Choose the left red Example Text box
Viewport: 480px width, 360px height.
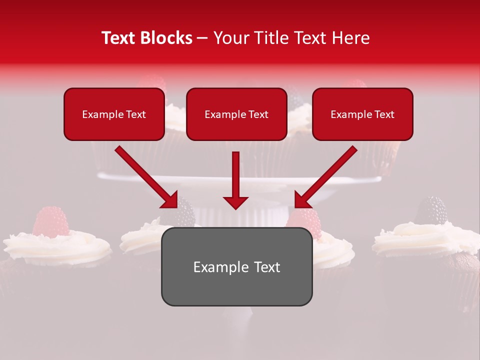[x=114, y=114]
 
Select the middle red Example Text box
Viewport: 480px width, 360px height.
[x=236, y=114]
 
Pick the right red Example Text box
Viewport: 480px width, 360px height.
[x=362, y=114]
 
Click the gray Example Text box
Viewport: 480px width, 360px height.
[x=236, y=266]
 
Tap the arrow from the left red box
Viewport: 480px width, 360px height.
[x=146, y=177]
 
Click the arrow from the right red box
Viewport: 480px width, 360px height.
[x=325, y=177]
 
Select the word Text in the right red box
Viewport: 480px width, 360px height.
[x=384, y=114]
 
